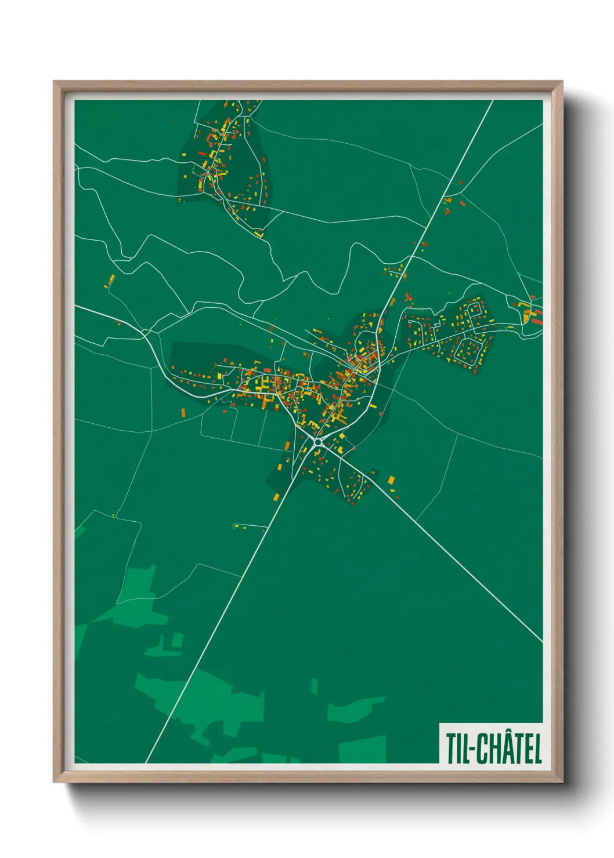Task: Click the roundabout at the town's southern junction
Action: (317, 442)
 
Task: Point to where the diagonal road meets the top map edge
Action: (493, 101)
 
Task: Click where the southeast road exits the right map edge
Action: (542, 642)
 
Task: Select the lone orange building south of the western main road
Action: (183, 413)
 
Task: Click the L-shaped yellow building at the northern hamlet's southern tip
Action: (259, 234)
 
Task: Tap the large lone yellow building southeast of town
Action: (391, 479)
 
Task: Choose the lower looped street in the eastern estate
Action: (468, 349)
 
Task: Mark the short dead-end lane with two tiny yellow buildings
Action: (250, 526)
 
